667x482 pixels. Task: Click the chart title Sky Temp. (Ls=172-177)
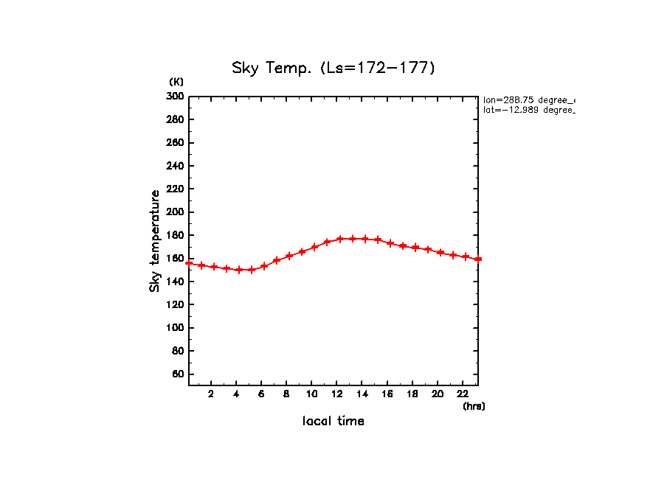point(333,69)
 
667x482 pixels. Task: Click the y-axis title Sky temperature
point(155,241)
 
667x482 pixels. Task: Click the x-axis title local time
point(333,421)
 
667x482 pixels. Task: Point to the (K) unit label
point(176,81)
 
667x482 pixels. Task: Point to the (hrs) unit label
point(474,406)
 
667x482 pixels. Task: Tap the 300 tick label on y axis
point(176,97)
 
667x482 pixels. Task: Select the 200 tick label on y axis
point(176,212)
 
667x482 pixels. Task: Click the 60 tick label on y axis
point(178,374)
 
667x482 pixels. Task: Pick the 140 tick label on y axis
point(176,282)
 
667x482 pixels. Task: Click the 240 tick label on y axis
point(176,166)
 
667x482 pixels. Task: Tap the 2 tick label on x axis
point(211,394)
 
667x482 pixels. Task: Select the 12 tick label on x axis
point(337,394)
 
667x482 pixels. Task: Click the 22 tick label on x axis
point(463,394)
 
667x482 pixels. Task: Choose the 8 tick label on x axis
point(286,394)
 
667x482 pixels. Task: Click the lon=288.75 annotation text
point(528,99)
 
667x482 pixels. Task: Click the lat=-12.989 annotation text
point(528,110)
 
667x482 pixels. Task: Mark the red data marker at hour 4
point(239,270)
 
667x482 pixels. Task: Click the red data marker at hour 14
point(365,239)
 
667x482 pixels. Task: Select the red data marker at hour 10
point(315,247)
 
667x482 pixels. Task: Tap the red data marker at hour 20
point(440,252)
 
